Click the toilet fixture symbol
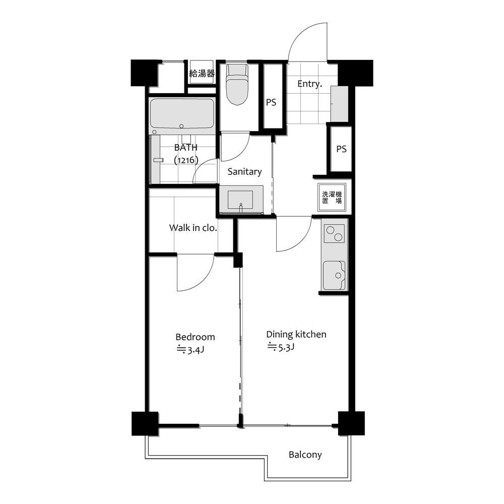[x=237, y=85]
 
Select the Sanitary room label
[x=244, y=172]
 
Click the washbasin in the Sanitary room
[x=240, y=200]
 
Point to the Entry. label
[x=309, y=84]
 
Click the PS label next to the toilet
[x=271, y=102]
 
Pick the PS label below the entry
[x=341, y=149]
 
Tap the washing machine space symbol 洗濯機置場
[x=332, y=198]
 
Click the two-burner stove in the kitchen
[x=334, y=234]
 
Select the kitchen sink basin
[x=334, y=275]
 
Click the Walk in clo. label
[x=193, y=228]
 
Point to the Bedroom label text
[x=195, y=337]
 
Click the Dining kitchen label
[x=296, y=335]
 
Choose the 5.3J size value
[x=281, y=347]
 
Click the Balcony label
[x=305, y=455]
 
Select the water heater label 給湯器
[x=202, y=74]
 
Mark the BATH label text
[x=186, y=148]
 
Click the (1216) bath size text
[x=186, y=160]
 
